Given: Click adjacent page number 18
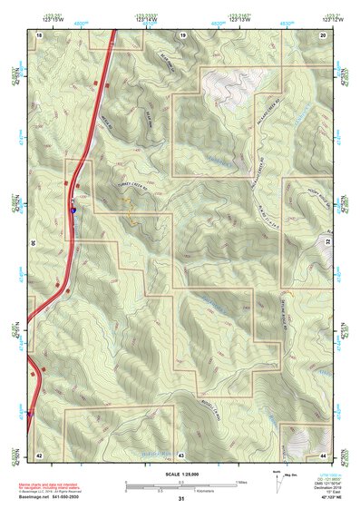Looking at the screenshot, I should (x=40, y=34).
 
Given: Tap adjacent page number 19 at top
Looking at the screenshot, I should (x=182, y=34).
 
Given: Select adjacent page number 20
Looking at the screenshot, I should (x=324, y=34).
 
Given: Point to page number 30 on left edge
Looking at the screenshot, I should (x=32, y=243).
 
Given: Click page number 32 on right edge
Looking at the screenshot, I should (x=327, y=243).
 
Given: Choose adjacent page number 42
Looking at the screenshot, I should (x=40, y=453).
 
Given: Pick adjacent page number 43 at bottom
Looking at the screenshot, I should (x=181, y=453).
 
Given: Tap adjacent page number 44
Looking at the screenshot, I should (x=324, y=453).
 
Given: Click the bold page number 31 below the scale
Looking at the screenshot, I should (x=181, y=498).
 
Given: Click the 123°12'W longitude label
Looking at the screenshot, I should (x=330, y=17).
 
